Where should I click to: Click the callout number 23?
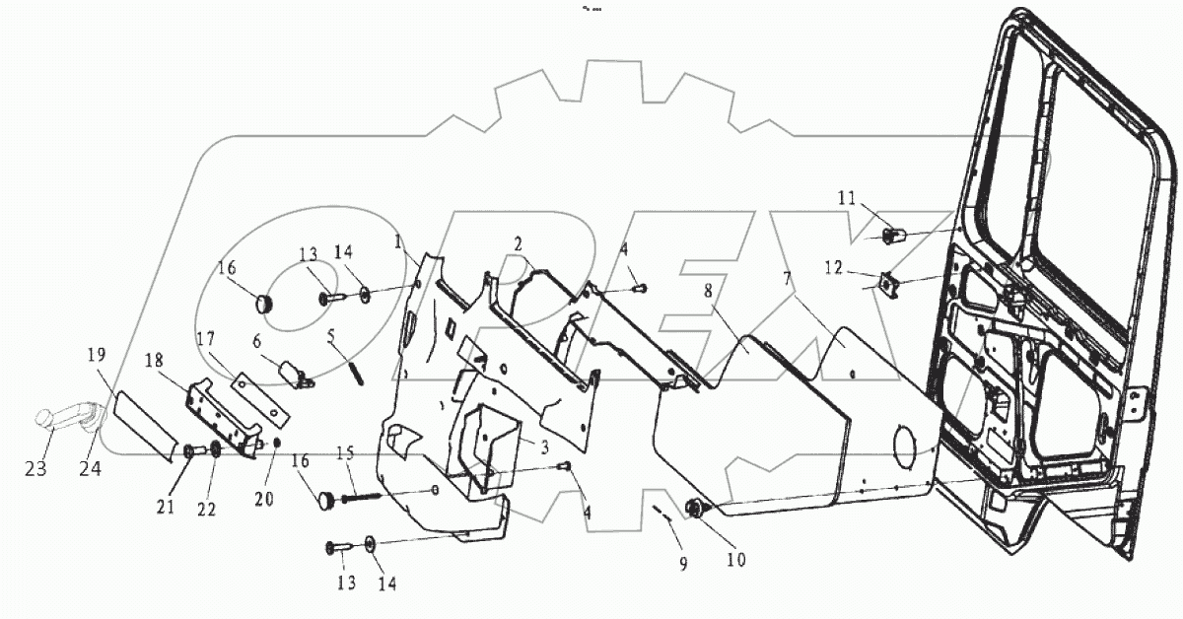coord(36,469)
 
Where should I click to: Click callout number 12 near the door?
coord(834,268)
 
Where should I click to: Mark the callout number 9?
coord(683,565)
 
